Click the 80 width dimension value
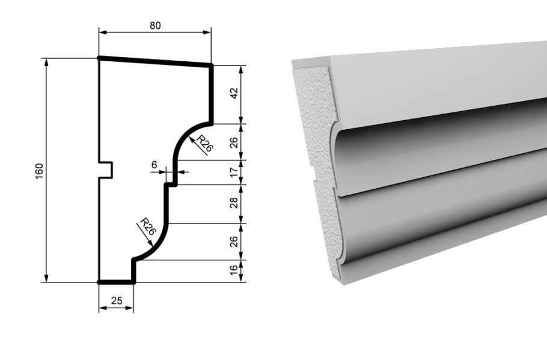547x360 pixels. (x=154, y=25)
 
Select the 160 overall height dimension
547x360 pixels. (x=40, y=171)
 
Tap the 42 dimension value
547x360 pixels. (x=234, y=94)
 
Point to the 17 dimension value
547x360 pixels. (x=234, y=172)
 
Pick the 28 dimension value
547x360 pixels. (x=234, y=203)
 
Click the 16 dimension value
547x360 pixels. (x=234, y=271)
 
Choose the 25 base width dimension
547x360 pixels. (x=117, y=301)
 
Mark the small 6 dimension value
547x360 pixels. (x=154, y=165)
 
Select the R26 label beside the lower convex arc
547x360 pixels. (x=147, y=228)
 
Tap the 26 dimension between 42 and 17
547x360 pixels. (x=234, y=142)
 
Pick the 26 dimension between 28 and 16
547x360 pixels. (x=234, y=242)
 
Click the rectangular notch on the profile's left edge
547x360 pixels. (x=106, y=170)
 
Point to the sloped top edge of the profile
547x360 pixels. (x=155, y=61)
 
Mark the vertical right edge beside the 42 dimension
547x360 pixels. (x=212, y=94)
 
